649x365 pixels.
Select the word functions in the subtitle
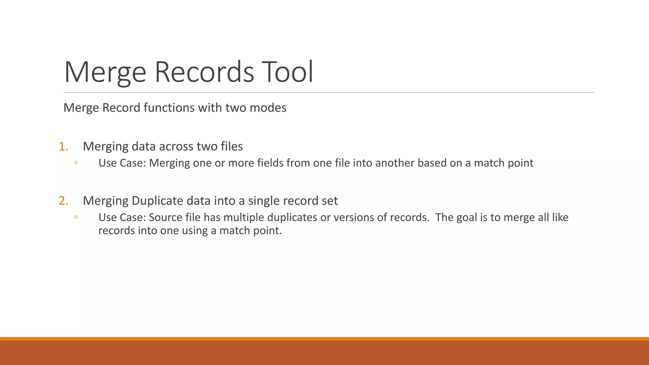(x=169, y=108)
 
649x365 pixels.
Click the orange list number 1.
(x=63, y=146)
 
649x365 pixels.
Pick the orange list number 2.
(x=63, y=201)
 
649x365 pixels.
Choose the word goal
(x=470, y=217)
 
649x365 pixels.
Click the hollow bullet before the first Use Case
(x=76, y=163)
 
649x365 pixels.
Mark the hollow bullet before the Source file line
(x=76, y=217)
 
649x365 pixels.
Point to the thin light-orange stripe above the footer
(x=324, y=339)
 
